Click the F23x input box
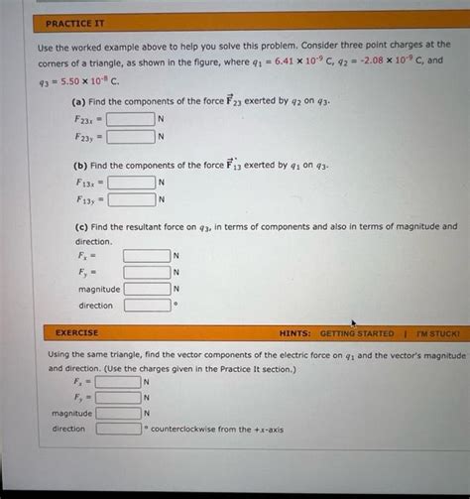click(x=131, y=119)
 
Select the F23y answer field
click(x=131, y=136)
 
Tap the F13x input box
click(x=131, y=183)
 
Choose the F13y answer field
click(x=131, y=199)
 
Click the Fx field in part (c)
click(x=147, y=255)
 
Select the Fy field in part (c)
click(x=147, y=272)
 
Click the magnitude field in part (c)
click(x=147, y=289)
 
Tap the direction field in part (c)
click(x=147, y=306)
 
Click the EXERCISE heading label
click(x=76, y=333)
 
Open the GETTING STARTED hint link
click(x=356, y=334)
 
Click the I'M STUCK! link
click(x=436, y=334)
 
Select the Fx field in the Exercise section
click(x=118, y=381)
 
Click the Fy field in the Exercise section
click(x=118, y=397)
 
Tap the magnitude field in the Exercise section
click(x=118, y=413)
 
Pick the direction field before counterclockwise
click(x=118, y=430)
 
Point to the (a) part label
click(x=77, y=101)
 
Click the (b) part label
click(x=77, y=165)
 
